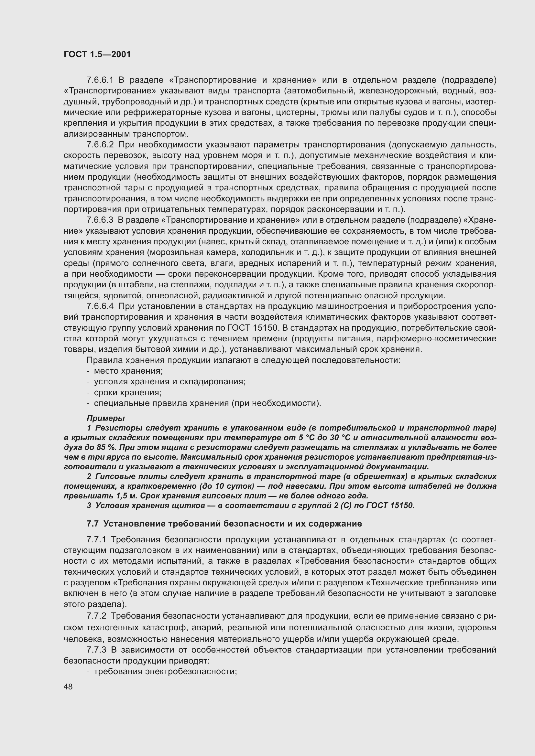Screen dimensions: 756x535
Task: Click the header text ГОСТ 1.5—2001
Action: tap(97, 54)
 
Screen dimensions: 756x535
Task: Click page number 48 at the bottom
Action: tap(68, 687)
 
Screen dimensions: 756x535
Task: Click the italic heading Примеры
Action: tap(105, 418)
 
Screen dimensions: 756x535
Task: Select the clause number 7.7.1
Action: tap(97, 540)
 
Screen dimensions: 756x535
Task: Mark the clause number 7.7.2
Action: tap(97, 616)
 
